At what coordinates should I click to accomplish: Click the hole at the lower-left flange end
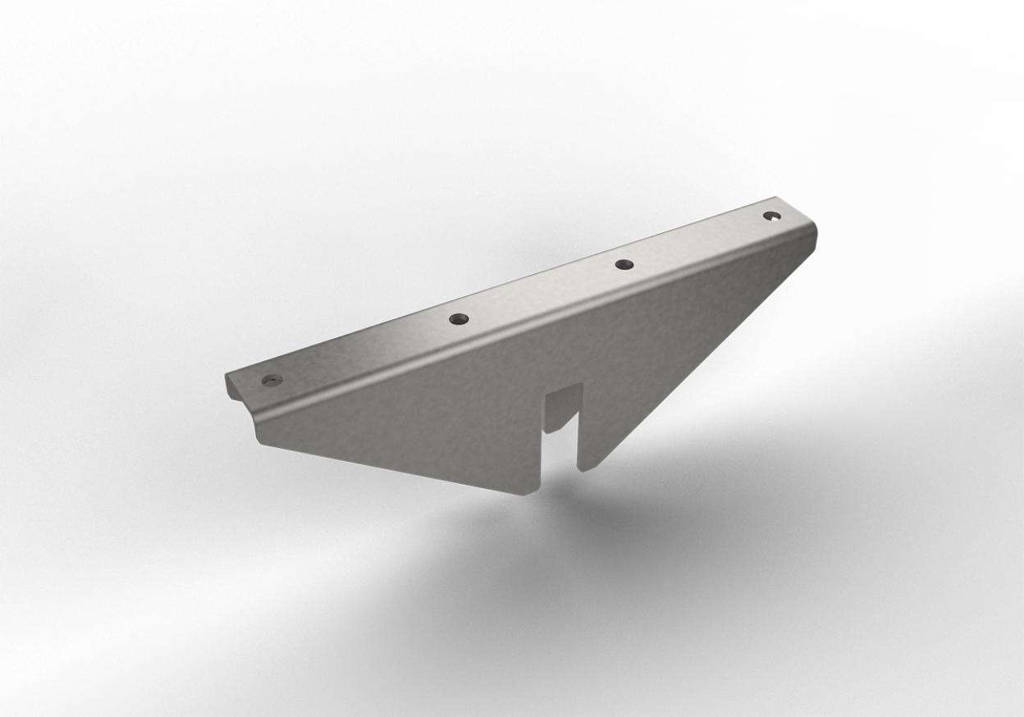coord(272,380)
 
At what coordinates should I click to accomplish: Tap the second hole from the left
coord(458,318)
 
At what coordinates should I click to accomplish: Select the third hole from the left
coord(624,264)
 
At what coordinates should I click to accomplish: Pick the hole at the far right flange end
coord(770,216)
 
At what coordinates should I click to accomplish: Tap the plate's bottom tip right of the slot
coord(583,468)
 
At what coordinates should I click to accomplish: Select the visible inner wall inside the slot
coord(560,410)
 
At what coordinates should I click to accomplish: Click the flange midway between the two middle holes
coord(542,291)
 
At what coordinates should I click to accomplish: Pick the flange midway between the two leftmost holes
coord(365,349)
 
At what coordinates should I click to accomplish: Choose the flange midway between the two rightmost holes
coord(697,240)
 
